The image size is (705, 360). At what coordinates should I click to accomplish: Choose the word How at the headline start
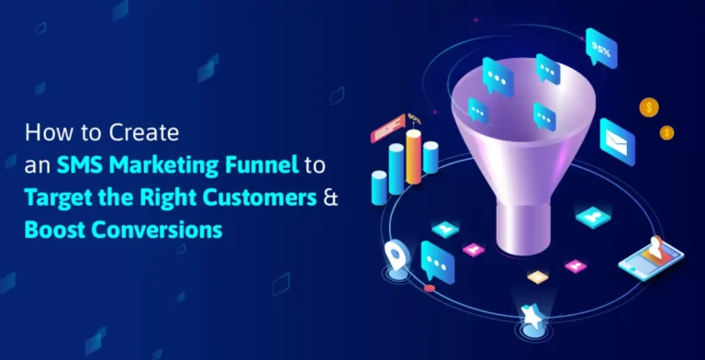click(x=44, y=134)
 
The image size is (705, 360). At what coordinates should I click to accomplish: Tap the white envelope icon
click(x=617, y=138)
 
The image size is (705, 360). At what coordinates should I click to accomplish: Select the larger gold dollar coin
click(x=649, y=108)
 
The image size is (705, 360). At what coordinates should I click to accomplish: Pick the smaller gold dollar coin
click(x=666, y=133)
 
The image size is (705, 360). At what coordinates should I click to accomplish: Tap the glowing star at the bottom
click(x=531, y=315)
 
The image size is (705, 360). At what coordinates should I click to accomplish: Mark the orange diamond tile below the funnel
click(x=538, y=276)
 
